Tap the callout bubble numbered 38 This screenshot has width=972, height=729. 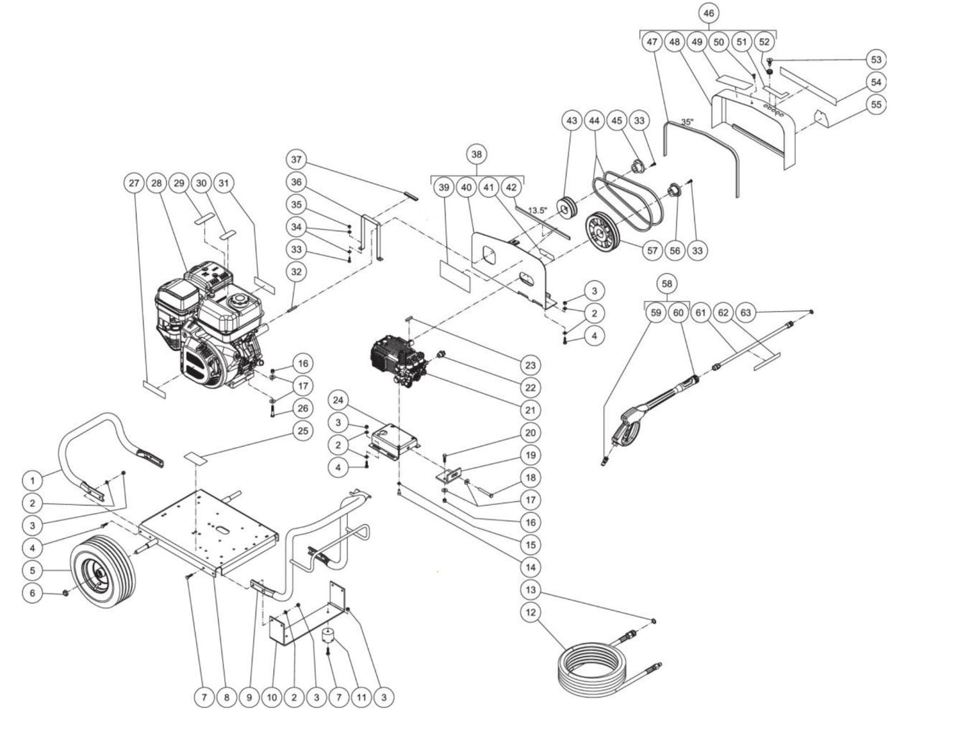pos(476,155)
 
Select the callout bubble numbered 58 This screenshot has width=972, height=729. pos(667,284)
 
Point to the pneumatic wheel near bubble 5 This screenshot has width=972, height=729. pos(104,570)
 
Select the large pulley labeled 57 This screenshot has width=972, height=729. pos(603,231)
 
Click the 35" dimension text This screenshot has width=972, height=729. pos(687,123)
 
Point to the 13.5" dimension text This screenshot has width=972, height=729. pos(537,210)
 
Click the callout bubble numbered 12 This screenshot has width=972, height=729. pos(531,613)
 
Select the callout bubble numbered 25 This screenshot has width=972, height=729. pos(303,430)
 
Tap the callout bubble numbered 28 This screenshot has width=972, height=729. pos(157,183)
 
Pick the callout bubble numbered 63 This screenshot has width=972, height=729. pos(745,312)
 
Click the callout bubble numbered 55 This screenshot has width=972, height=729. pos(876,105)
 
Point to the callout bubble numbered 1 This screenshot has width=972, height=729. pos(32,480)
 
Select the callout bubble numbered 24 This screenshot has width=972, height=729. pos(338,401)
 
